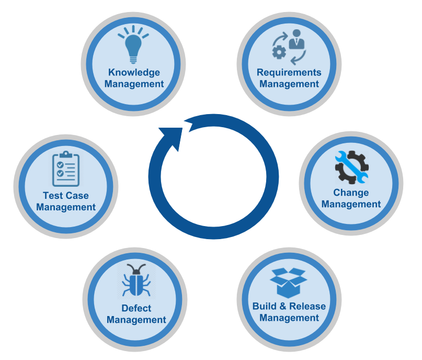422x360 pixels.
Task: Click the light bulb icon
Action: [133, 45]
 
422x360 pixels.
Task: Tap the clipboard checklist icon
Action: [66, 168]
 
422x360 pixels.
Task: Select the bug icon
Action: [136, 283]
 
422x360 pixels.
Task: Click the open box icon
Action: [289, 283]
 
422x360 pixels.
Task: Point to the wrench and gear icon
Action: [351, 167]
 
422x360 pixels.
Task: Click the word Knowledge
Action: [134, 72]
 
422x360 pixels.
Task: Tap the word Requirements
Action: [289, 72]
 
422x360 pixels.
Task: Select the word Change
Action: [351, 193]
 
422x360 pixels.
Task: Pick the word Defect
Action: [136, 308]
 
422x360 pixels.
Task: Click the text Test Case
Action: [66, 196]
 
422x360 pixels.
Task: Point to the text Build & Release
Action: [289, 306]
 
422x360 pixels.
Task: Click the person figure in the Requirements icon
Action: [296, 39]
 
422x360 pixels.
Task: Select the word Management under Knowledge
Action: [134, 84]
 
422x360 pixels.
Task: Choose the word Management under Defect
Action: [136, 320]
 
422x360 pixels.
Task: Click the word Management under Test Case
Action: [66, 207]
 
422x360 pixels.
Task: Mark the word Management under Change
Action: [351, 204]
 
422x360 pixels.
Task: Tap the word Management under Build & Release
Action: [289, 318]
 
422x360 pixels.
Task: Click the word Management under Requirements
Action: [289, 84]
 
